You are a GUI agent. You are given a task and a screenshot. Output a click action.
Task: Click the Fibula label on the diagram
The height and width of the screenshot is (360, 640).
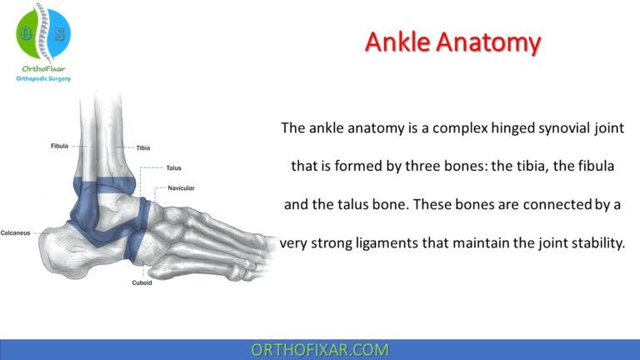pos(60,147)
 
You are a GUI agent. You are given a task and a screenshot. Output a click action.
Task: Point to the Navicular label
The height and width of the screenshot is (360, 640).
pos(181,188)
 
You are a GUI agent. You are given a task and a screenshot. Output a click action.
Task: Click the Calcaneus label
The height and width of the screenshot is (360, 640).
pos(16,232)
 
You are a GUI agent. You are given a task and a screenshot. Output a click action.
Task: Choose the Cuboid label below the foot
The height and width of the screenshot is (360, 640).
pos(142,282)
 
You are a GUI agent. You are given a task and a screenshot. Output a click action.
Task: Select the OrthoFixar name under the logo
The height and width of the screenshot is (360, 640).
pos(43,69)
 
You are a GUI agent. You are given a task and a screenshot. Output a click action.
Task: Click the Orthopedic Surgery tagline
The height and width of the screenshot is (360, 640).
pos(43,79)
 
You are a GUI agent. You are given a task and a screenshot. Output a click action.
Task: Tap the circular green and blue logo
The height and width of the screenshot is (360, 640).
pos(43,33)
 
